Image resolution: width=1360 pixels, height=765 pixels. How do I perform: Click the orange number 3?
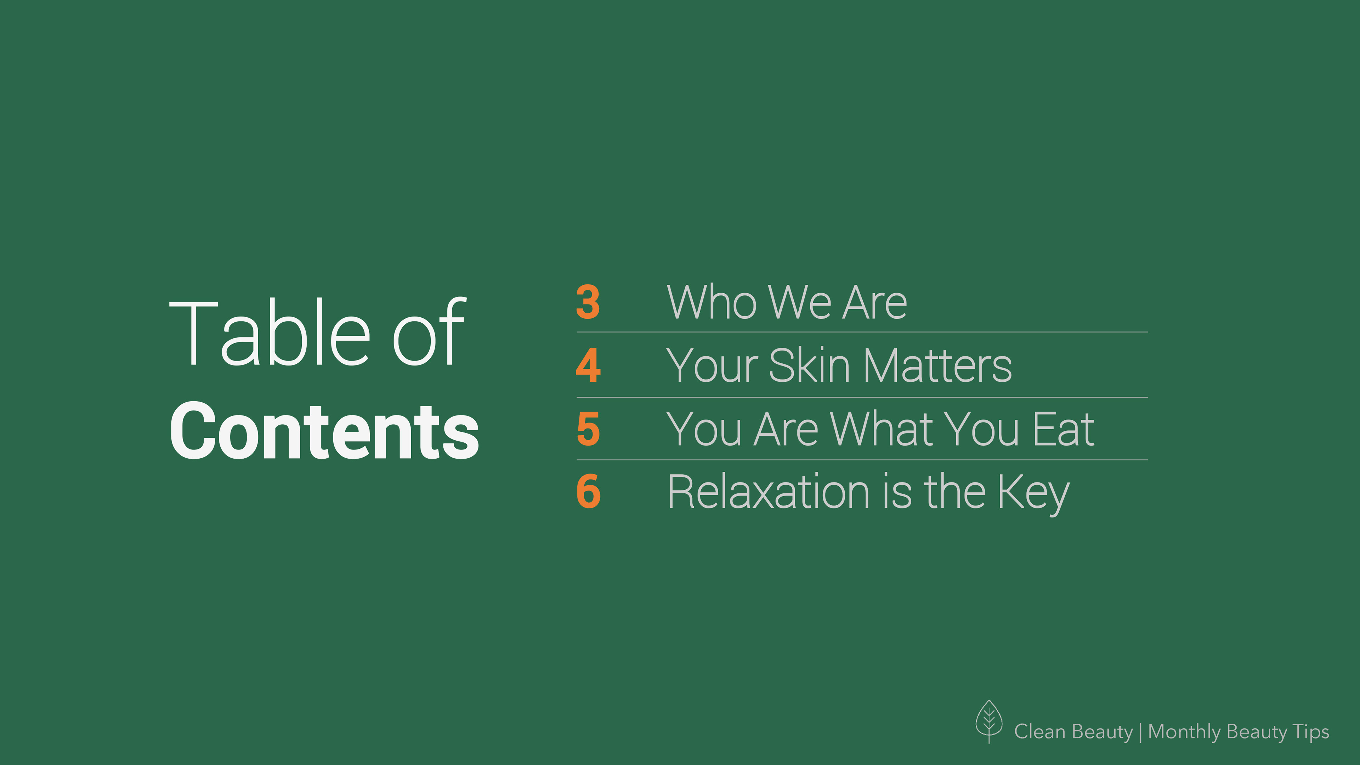[588, 302]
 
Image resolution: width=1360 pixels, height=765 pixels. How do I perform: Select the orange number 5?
[588, 429]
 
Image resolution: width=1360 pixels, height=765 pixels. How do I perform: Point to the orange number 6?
[589, 492]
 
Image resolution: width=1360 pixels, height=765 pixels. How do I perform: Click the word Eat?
[1063, 429]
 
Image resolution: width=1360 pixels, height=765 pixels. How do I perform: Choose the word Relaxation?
[769, 492]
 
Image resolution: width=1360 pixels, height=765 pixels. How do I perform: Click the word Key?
[1034, 494]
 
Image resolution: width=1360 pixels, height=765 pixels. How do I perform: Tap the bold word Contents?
[324, 431]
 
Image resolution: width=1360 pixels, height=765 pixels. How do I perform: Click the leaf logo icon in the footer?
[989, 721]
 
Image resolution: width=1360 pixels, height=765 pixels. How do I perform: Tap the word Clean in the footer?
[1039, 732]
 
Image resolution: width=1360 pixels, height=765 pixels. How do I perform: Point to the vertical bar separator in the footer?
[1141, 732]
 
